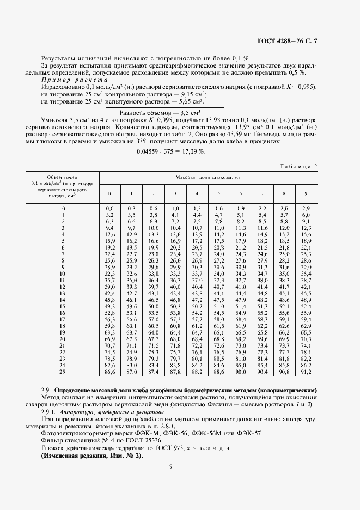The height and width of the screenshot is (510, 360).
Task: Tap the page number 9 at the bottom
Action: point(170,466)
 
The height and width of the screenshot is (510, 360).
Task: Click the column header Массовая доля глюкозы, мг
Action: point(208,177)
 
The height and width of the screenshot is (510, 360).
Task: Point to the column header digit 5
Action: point(218,193)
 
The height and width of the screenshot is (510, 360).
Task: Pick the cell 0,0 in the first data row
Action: point(109,209)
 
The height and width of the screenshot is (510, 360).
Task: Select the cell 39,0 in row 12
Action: point(109,286)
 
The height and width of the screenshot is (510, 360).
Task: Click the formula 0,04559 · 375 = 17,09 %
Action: point(171,151)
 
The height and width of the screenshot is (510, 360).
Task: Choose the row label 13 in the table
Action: point(63,293)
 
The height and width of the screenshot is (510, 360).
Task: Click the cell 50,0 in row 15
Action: point(153,306)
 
